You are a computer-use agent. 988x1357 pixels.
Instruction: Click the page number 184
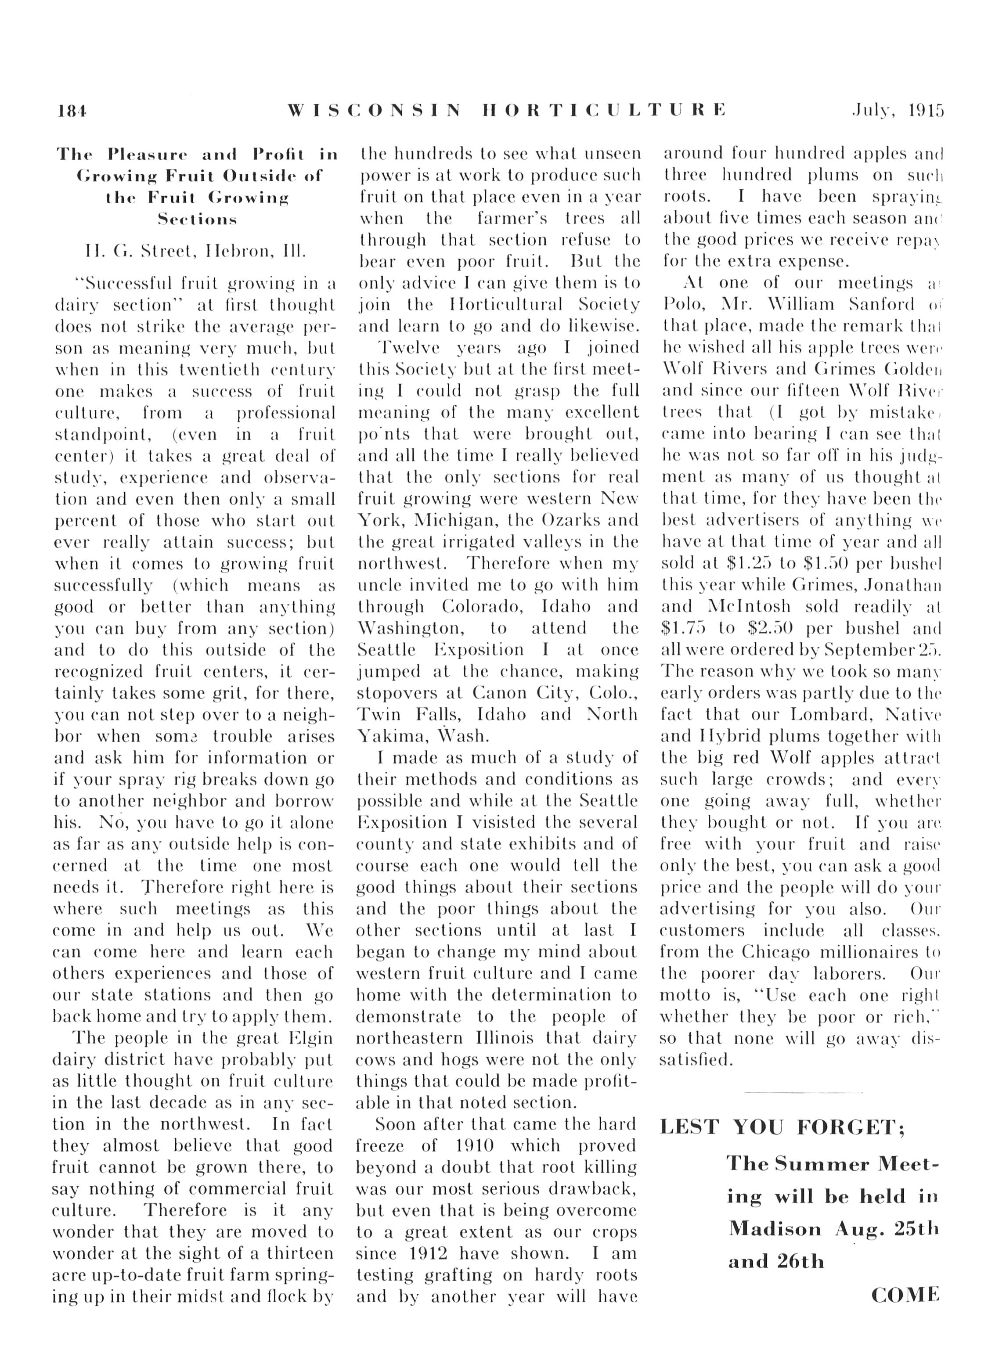click(72, 111)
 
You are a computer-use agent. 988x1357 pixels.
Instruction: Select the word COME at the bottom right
click(905, 1296)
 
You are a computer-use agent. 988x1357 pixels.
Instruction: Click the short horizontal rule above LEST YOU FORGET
click(803, 1093)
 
